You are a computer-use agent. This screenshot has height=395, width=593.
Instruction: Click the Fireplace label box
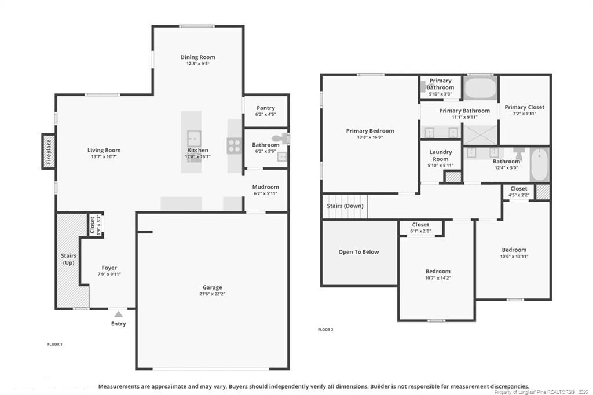point(49,152)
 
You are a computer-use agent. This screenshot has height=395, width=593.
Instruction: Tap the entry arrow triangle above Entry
point(118,314)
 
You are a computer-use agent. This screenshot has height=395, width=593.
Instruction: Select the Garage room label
point(212,287)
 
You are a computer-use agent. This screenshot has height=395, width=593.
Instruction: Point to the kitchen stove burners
point(234,145)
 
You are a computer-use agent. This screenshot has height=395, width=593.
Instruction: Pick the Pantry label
point(266,108)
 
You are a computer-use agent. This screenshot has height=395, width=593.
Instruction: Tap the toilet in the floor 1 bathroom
point(283,138)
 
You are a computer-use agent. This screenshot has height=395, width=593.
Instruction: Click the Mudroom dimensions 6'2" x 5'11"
point(266,193)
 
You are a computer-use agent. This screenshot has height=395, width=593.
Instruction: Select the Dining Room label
point(197,57)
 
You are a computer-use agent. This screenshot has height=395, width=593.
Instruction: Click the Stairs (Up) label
point(69,259)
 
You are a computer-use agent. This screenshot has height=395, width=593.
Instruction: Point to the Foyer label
point(109,268)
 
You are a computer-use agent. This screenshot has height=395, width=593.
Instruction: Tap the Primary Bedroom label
point(370,131)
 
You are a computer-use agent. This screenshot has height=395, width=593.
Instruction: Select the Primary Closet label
point(524,107)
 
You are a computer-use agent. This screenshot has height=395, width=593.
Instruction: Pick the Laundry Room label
point(440,155)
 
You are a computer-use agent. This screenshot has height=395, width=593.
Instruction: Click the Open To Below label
point(359,252)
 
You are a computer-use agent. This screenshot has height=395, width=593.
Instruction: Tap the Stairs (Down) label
point(345,206)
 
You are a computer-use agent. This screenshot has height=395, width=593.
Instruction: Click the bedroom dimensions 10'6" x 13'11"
point(514,257)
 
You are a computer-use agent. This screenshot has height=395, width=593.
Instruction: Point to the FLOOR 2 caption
point(325,330)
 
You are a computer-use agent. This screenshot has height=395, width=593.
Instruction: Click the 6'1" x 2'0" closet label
point(420,231)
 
